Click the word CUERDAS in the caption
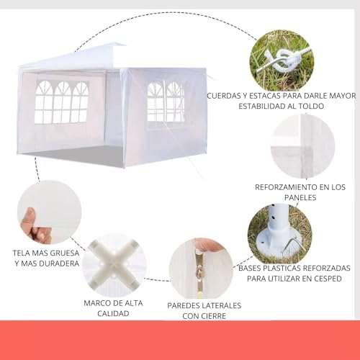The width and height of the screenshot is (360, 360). [227, 95]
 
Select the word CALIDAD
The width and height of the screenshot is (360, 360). [113, 313]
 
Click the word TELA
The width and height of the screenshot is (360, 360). [23, 253]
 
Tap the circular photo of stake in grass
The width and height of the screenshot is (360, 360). [282, 60]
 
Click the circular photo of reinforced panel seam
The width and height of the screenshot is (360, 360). [303, 147]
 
